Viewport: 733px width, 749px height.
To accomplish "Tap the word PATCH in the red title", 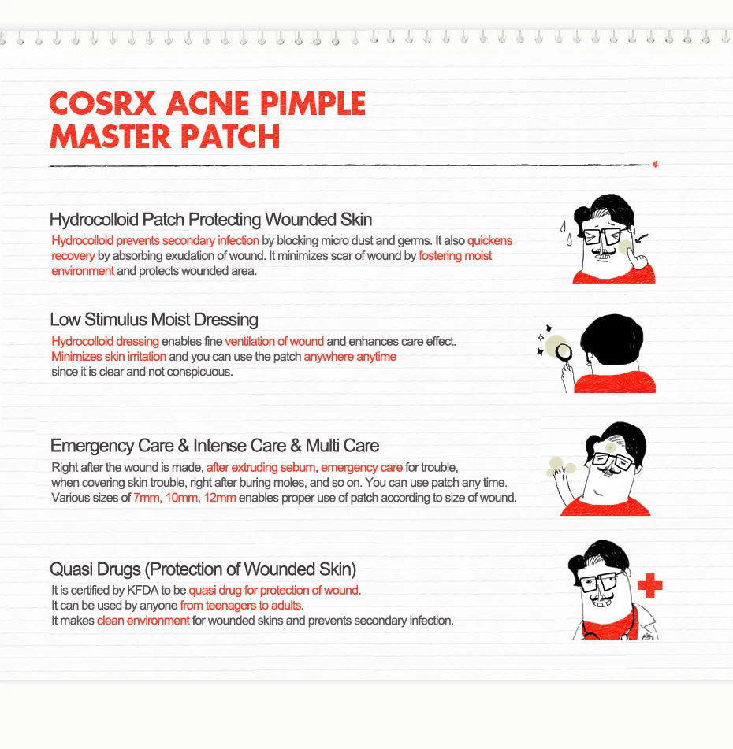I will point(234,135).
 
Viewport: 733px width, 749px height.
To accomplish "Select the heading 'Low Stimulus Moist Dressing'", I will point(154,320).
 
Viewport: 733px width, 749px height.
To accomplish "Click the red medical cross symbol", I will point(650,586).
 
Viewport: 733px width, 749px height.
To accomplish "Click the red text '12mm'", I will point(219,498).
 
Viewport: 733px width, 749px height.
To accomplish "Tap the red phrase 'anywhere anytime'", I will point(350,357).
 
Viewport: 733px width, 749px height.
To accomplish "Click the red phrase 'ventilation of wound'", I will point(274,341).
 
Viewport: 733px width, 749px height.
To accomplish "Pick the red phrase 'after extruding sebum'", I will point(261,467).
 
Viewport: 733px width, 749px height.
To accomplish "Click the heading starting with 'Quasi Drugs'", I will point(203,569).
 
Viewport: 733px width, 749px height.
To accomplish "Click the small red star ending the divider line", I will point(655,165).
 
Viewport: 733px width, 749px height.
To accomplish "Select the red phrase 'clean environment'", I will point(143,621).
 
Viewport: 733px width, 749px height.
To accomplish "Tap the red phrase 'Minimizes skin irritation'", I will point(109,357).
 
